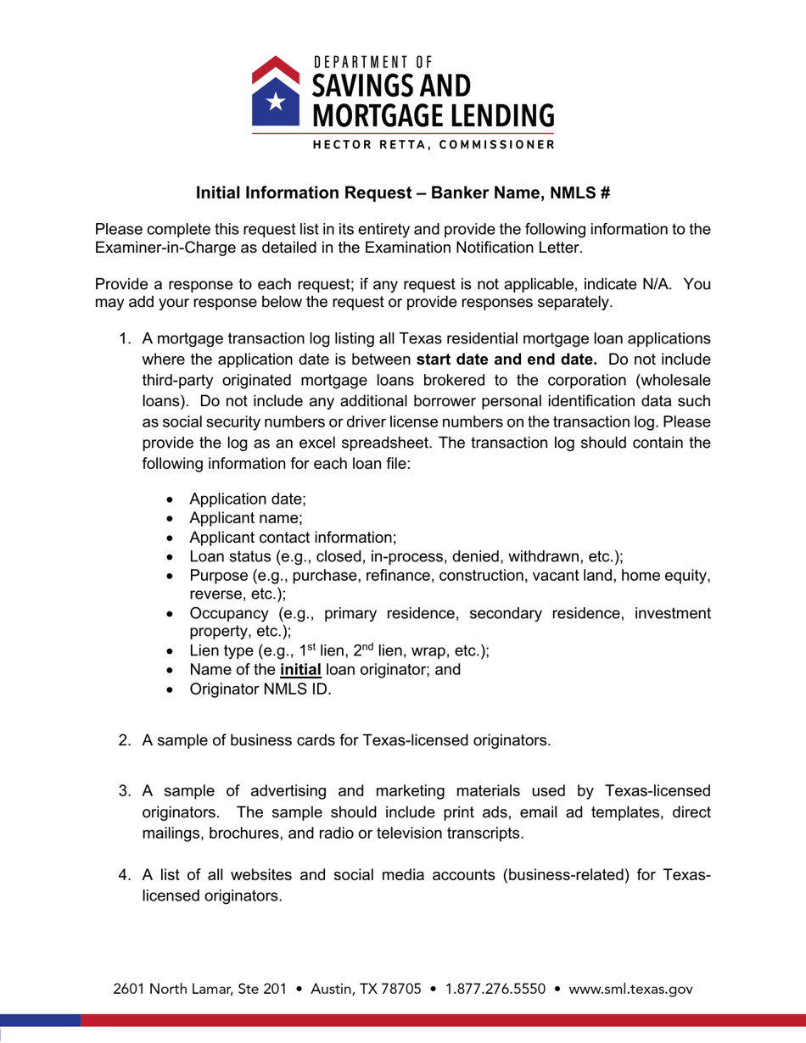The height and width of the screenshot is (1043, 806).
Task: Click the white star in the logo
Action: [274, 102]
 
